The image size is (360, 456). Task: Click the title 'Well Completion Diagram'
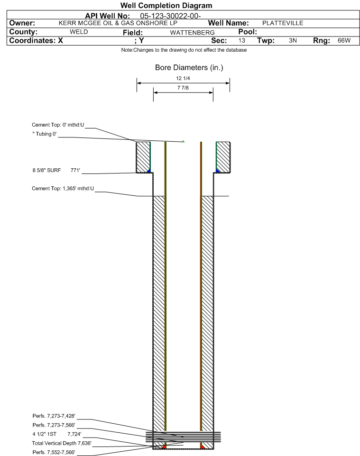click(x=166, y=6)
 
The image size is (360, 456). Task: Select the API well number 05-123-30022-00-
click(x=171, y=16)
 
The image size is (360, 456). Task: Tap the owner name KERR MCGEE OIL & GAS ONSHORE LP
click(x=118, y=23)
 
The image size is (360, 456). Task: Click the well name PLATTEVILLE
click(x=283, y=23)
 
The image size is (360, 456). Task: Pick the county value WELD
click(x=79, y=32)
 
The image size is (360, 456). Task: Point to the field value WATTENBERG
click(x=193, y=33)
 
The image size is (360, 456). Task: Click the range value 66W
click(x=344, y=40)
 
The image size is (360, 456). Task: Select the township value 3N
click(x=293, y=40)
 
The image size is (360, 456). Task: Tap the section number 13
click(x=241, y=40)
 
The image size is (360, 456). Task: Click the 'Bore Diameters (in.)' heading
click(x=189, y=68)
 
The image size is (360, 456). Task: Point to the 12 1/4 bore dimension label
click(x=183, y=78)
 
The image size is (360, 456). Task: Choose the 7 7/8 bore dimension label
click(x=183, y=88)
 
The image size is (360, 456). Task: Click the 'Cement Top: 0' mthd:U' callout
click(x=58, y=125)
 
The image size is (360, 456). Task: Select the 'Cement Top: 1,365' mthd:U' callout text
click(x=63, y=189)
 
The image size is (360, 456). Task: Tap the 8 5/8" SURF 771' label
click(x=56, y=171)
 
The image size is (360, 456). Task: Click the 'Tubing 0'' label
click(x=45, y=134)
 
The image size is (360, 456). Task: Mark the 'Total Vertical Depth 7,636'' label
click(x=62, y=443)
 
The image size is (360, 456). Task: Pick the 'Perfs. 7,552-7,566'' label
click(x=54, y=452)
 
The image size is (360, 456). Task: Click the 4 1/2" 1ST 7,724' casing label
click(x=57, y=434)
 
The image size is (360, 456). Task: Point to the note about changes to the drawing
click(x=184, y=50)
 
